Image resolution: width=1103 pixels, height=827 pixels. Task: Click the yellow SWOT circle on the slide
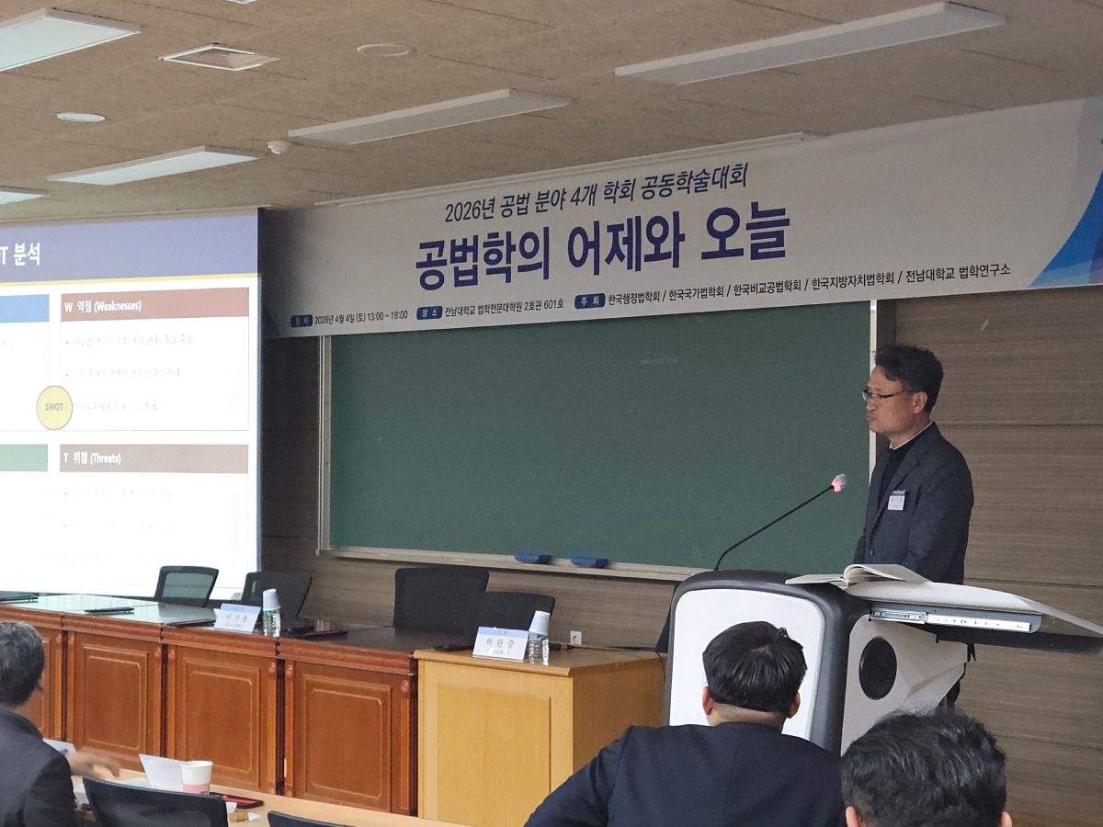[x=54, y=407]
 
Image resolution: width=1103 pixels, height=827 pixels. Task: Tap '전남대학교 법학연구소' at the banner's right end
[x=957, y=272]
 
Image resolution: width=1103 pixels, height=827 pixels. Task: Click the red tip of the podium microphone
[x=837, y=481]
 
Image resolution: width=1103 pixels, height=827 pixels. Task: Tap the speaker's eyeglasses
[x=881, y=395]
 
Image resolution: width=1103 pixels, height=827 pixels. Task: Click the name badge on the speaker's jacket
[x=896, y=499]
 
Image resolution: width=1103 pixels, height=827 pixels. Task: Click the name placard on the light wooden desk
[x=500, y=643]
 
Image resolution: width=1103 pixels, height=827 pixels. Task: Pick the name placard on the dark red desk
[x=237, y=617]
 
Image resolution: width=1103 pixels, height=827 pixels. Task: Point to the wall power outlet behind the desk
[x=575, y=637]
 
